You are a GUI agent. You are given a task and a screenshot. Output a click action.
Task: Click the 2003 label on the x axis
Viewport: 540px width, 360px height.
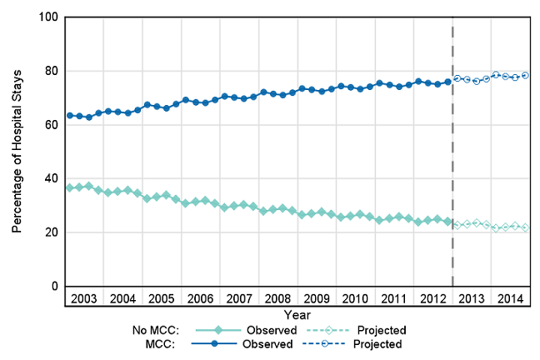(x=83, y=298)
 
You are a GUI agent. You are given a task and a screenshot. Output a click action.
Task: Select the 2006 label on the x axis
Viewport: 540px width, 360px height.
(x=200, y=298)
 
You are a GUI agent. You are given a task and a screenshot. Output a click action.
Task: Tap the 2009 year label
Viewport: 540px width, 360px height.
(x=317, y=298)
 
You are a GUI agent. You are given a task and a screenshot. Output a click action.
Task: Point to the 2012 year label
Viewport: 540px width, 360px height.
(x=433, y=298)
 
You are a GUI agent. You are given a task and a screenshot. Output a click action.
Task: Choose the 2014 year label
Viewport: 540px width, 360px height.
(x=511, y=298)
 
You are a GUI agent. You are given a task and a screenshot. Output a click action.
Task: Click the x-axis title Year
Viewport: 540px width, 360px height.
(x=297, y=315)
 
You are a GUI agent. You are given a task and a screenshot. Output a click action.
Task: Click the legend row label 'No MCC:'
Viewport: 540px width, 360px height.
(x=154, y=331)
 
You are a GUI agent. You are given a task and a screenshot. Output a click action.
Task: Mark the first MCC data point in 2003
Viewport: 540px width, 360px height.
(x=70, y=115)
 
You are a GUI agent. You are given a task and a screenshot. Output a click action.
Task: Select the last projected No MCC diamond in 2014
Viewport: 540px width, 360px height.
(x=525, y=227)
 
